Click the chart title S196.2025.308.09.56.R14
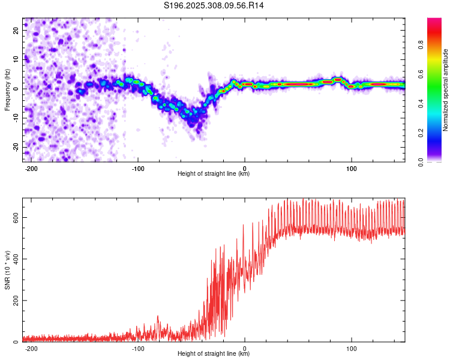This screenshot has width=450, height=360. pyautogui.click(x=214, y=5)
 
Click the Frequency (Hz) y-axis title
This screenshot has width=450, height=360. pyautogui.click(x=7, y=89)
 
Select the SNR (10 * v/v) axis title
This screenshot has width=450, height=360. pyautogui.click(x=7, y=270)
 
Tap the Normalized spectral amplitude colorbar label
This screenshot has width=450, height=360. pyautogui.click(x=445, y=90)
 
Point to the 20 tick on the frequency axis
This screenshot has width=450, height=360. pyautogui.click(x=16, y=31)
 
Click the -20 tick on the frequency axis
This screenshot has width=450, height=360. pyautogui.click(x=16, y=147)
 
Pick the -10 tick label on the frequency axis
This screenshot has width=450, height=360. pyautogui.click(x=16, y=118)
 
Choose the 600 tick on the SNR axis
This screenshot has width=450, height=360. pyautogui.click(x=16, y=218)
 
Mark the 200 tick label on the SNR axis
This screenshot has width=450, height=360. pyautogui.click(x=16, y=301)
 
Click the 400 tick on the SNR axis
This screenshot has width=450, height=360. pyautogui.click(x=16, y=259)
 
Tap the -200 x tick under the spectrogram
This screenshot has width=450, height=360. pyautogui.click(x=31, y=169)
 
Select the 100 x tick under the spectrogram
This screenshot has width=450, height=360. pyautogui.click(x=351, y=169)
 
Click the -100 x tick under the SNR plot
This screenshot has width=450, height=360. pyautogui.click(x=138, y=349)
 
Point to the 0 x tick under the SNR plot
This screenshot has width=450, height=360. pyautogui.click(x=245, y=349)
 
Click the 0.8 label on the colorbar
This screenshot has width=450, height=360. pyautogui.click(x=421, y=45)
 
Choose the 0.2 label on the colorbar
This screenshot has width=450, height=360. pyautogui.click(x=421, y=133)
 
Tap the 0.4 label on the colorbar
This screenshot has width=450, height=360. pyautogui.click(x=421, y=103)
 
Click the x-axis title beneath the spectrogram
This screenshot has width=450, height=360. pyautogui.click(x=214, y=173)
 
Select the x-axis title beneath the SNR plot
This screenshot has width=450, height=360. pyautogui.click(x=214, y=353)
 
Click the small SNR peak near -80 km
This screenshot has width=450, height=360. pyautogui.click(x=158, y=316)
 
